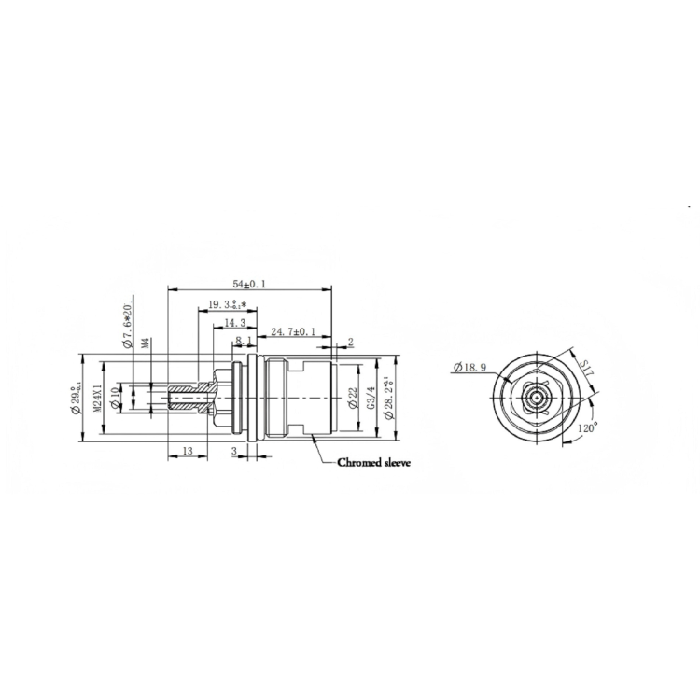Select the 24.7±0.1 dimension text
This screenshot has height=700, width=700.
point(292,331)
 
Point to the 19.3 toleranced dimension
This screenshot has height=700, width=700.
point(228,305)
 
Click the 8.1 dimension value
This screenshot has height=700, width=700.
point(242,341)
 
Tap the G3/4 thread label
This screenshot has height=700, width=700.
point(371,396)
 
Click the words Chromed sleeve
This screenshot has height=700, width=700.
point(373,462)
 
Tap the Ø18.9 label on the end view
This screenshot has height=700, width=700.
point(469,367)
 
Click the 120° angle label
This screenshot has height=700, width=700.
point(587,427)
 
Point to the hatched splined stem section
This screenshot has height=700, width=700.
point(190,396)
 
